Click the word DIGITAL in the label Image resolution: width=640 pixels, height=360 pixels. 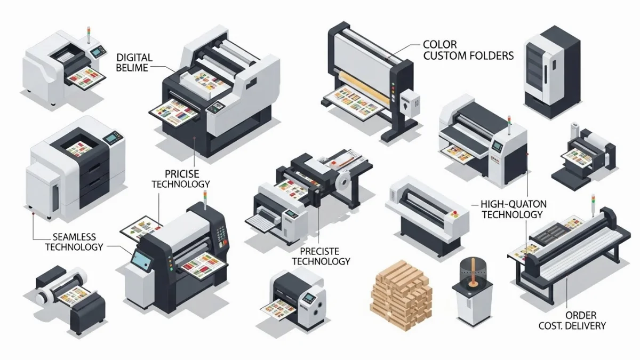coord(134,57)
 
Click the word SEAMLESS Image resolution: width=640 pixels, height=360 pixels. coord(74,236)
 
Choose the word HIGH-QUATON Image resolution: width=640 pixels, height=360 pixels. coord(511,204)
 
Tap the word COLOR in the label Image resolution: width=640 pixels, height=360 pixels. coord(440,45)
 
